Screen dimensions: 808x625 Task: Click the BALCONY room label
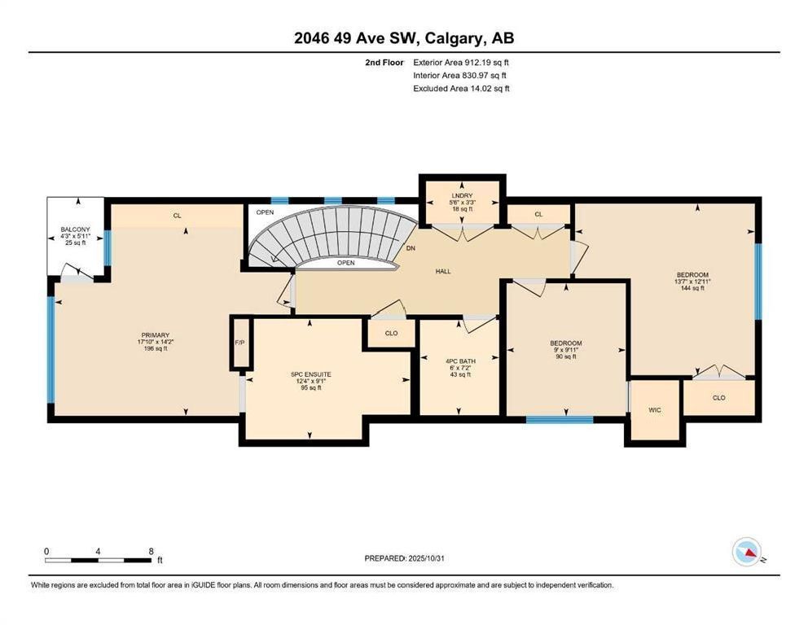(75, 229)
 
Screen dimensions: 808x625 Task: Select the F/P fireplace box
(239, 343)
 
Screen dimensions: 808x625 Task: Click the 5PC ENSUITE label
(311, 374)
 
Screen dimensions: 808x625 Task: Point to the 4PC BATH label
(461, 361)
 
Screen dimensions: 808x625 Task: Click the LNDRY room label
(462, 195)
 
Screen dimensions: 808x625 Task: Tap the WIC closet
(655, 410)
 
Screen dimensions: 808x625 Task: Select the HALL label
(443, 271)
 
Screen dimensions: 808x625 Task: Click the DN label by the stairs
(411, 248)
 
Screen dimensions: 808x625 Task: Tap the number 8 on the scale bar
(151, 552)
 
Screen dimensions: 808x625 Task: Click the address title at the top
(404, 38)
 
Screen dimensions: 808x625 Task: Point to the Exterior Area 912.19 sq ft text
(461, 63)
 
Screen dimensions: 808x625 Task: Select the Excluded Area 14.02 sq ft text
(461, 89)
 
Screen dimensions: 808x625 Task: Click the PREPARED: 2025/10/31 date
(404, 558)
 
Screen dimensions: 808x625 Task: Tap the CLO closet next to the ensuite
(391, 333)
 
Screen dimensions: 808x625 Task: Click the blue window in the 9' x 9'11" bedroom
(559, 419)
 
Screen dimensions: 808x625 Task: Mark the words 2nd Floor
(384, 63)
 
